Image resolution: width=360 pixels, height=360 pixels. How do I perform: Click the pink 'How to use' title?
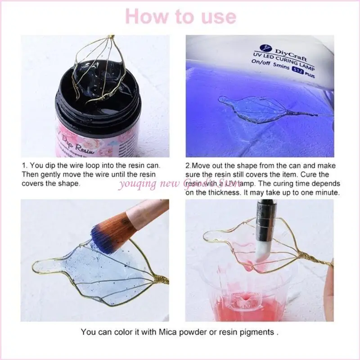pos(180,16)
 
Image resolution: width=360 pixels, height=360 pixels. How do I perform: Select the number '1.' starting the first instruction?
pos(24,166)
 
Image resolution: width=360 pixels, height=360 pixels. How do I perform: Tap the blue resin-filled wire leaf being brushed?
pos(85,270)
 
